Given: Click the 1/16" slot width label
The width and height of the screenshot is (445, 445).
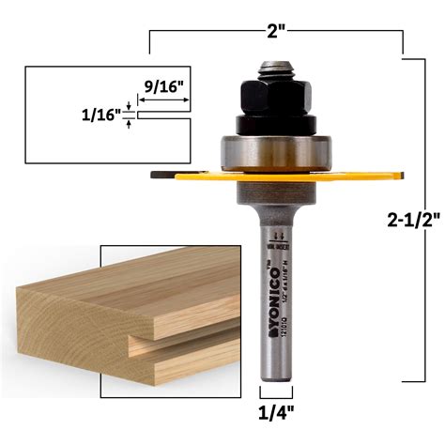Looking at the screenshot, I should (x=101, y=115).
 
